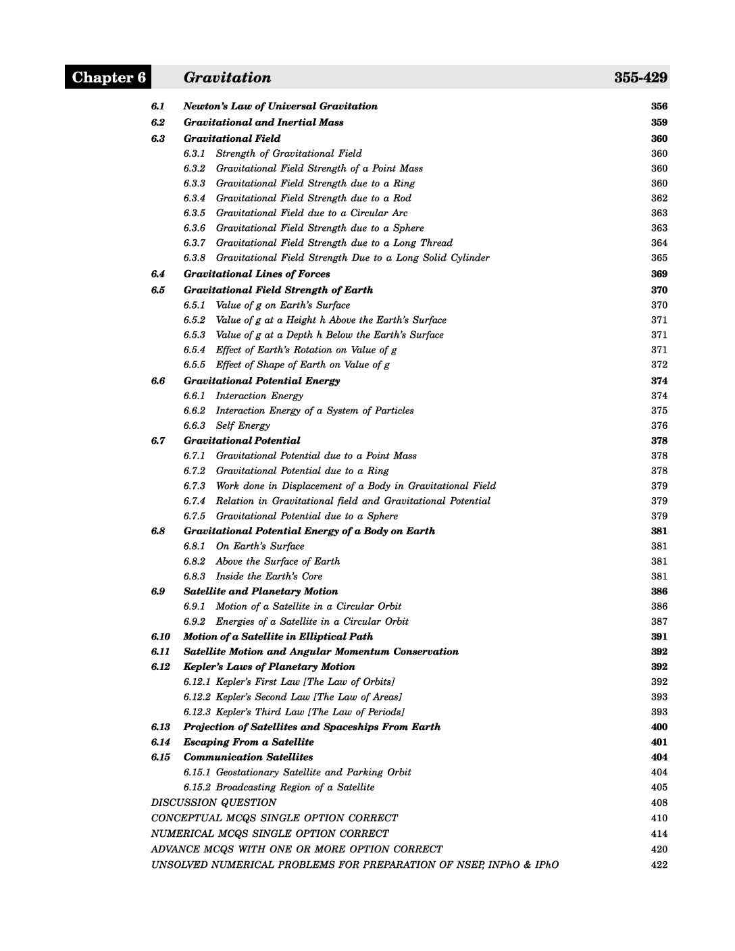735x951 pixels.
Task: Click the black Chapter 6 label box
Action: (108, 77)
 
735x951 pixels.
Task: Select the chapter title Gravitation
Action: (227, 77)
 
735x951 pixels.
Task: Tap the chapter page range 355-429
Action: (640, 77)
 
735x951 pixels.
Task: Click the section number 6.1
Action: (158, 106)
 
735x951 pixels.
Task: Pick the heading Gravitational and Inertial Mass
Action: (263, 122)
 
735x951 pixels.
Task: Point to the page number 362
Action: (659, 198)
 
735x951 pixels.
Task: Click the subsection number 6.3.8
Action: (195, 257)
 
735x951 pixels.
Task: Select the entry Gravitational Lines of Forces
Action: (257, 274)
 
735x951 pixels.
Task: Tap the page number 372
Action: (659, 365)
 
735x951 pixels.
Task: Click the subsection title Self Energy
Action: (243, 426)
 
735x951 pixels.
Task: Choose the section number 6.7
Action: (158, 440)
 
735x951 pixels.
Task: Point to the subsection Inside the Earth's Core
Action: (269, 576)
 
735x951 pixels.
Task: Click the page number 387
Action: (659, 621)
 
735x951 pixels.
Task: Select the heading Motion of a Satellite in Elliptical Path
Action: (278, 636)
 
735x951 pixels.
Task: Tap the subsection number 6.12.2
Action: (197, 696)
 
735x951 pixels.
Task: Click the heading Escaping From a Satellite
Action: (249, 742)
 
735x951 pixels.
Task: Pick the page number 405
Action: (659, 787)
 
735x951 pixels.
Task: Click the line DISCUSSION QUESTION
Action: (213, 802)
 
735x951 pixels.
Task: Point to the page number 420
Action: (659, 849)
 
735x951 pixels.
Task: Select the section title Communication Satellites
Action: (248, 757)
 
